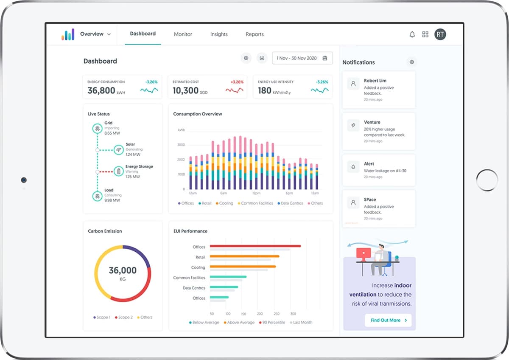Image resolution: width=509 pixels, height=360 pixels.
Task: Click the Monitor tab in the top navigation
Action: coord(183,34)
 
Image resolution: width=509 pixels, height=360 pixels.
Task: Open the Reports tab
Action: coord(255,34)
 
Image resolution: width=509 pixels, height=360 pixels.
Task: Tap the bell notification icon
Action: coord(412,34)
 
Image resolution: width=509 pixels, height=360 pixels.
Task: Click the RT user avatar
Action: coord(440,34)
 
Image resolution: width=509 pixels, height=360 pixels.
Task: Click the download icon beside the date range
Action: coord(262,58)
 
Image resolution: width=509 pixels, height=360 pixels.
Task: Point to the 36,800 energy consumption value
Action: coord(101,90)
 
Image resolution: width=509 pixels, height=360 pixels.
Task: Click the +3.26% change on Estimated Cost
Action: coord(237,82)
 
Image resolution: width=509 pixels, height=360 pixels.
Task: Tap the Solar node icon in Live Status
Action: coord(119,149)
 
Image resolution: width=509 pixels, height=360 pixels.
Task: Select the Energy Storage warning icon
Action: coord(119,172)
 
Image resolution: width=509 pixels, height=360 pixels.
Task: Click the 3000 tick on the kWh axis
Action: coord(181,145)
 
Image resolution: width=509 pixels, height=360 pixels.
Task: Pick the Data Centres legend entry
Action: coord(291,203)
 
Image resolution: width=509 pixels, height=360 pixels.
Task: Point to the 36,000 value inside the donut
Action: coord(123,270)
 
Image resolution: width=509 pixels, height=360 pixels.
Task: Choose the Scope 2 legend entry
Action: coord(124,317)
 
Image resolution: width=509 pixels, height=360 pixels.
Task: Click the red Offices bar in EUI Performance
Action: coord(255,246)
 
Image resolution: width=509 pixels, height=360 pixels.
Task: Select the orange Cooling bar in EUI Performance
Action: coord(243,267)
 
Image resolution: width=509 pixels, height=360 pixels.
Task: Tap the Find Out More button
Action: coord(388,320)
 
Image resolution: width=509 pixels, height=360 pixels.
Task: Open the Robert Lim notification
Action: coord(378,89)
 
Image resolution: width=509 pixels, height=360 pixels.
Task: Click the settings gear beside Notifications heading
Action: coord(411,62)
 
